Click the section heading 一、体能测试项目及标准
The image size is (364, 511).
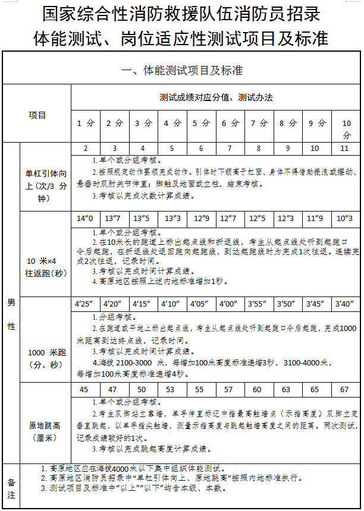(x=181, y=70)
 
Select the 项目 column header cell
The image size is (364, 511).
(x=37, y=115)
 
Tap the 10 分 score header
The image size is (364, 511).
(x=346, y=129)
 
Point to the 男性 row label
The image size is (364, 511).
(x=11, y=314)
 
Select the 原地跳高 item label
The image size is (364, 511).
(x=45, y=431)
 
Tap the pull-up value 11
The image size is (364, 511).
(x=344, y=149)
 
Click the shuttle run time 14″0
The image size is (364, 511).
(x=85, y=219)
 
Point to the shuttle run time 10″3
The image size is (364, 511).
(x=344, y=219)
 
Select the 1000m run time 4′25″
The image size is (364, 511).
(x=84, y=304)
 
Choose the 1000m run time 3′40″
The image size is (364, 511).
(x=344, y=304)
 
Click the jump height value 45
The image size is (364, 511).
(x=84, y=390)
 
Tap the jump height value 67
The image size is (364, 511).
(x=344, y=390)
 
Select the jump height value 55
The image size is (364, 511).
(x=199, y=390)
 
